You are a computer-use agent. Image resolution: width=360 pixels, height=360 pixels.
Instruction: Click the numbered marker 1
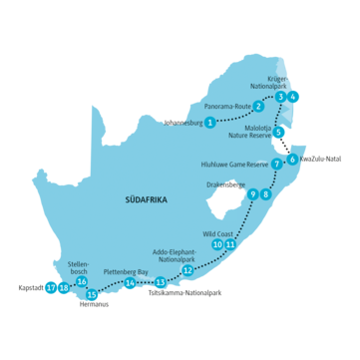[x=209, y=122]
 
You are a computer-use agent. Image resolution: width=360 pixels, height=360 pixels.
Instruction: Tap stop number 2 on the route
[x=258, y=107]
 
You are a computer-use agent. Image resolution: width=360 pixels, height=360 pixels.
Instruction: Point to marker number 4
[x=293, y=97]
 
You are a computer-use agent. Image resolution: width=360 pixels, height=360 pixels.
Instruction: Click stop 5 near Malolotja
[x=280, y=133]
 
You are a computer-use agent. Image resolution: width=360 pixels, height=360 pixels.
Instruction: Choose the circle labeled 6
[x=292, y=159]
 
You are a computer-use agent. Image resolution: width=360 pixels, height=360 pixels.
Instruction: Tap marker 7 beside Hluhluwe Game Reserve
[x=276, y=163]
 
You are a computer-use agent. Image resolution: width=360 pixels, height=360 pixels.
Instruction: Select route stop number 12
[x=187, y=269]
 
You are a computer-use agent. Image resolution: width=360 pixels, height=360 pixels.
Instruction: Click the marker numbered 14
[x=130, y=282]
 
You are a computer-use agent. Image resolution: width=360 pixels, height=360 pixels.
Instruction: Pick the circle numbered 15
[x=93, y=294]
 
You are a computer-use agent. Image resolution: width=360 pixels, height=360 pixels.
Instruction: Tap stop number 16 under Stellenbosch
[x=81, y=282]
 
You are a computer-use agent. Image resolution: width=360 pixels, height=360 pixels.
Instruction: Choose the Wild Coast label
[x=217, y=231]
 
